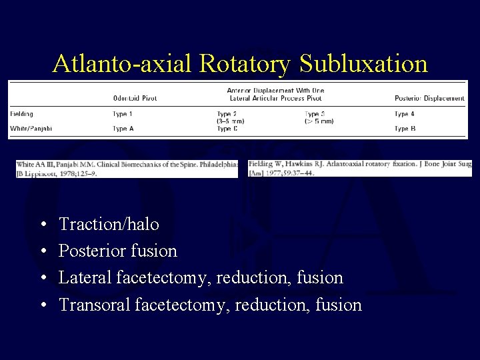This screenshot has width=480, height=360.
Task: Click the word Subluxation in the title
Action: tap(363, 64)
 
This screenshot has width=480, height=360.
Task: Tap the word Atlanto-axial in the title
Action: tap(124, 64)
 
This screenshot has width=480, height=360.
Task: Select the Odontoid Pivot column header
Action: tap(135, 99)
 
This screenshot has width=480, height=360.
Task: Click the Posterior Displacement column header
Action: tap(429, 99)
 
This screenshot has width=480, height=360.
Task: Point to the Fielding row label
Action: tap(22, 114)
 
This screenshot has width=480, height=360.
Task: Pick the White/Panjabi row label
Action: tap(31, 129)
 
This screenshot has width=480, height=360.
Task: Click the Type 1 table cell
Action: tap(123, 114)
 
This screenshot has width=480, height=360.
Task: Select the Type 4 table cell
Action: tap(405, 114)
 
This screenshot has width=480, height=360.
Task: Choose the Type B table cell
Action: tap(405, 129)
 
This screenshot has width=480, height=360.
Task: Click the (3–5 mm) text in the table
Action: tap(231, 121)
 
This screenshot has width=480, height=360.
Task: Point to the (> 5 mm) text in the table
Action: tap(319, 121)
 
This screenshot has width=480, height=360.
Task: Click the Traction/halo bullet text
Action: tap(109, 225)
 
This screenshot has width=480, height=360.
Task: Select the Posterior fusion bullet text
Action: tap(118, 251)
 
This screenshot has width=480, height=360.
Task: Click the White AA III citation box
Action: tap(127, 169)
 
